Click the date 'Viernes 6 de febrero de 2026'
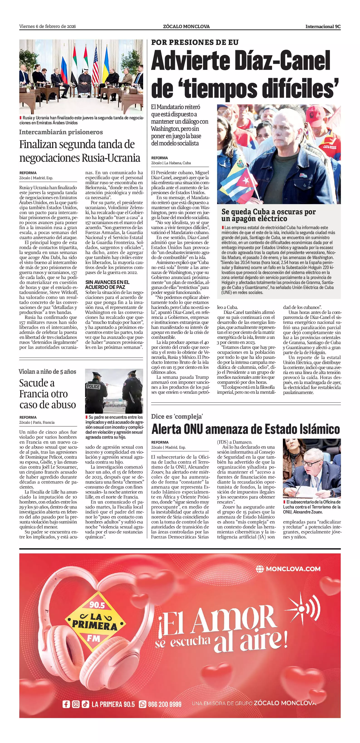[48, 27]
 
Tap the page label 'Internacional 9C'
[323, 27]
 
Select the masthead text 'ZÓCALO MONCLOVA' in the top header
[186, 27]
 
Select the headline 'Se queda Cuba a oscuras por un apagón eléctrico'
[268, 215]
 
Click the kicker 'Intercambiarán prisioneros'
[61, 132]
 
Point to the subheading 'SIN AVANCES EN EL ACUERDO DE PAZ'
[107, 284]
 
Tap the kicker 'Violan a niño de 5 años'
[47, 371]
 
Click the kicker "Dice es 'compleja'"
[177, 416]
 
